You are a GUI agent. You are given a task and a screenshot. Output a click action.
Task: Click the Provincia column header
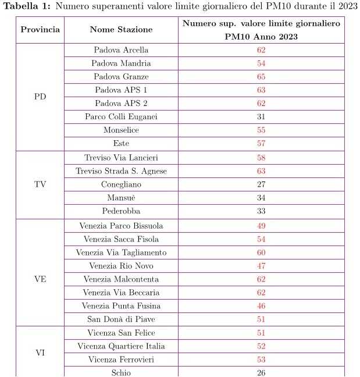pyautogui.click(x=40, y=30)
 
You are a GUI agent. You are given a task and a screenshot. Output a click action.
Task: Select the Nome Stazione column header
pyautogui.click(x=121, y=30)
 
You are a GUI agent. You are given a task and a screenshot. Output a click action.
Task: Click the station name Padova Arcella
pyautogui.click(x=121, y=50)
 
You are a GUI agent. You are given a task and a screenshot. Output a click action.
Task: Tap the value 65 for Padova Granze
pyautogui.click(x=261, y=77)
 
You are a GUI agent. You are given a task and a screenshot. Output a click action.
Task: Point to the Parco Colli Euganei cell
pyautogui.click(x=121, y=117)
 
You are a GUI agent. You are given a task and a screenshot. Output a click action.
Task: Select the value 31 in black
pyautogui.click(x=261, y=117)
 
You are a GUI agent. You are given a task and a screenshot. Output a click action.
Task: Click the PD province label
pyautogui.click(x=40, y=97)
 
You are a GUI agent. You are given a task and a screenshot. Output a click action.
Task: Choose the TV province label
pyautogui.click(x=40, y=184)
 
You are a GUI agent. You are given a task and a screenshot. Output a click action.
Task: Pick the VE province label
pyautogui.click(x=40, y=279)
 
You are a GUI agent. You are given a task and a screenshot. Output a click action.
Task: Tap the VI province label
pyautogui.click(x=40, y=353)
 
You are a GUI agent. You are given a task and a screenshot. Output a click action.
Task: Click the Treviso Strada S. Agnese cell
pyautogui.click(x=121, y=171)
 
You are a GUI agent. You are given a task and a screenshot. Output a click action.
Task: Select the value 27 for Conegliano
pyautogui.click(x=261, y=184)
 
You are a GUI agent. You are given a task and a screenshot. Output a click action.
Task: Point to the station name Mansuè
pyautogui.click(x=121, y=198)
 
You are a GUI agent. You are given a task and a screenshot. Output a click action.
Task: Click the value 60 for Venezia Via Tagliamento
pyautogui.click(x=261, y=252)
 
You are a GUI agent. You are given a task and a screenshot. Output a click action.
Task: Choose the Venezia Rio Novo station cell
pyautogui.click(x=121, y=266)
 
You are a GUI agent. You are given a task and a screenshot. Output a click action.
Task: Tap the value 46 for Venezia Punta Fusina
pyautogui.click(x=261, y=306)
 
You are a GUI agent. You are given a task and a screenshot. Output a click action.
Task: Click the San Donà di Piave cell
pyautogui.click(x=121, y=319)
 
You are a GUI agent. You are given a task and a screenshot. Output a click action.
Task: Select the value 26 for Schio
pyautogui.click(x=261, y=373)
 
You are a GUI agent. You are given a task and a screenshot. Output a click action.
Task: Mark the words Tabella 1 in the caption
pyautogui.click(x=24, y=6)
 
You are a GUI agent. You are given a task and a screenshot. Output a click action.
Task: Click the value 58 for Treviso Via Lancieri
pyautogui.click(x=261, y=158)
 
